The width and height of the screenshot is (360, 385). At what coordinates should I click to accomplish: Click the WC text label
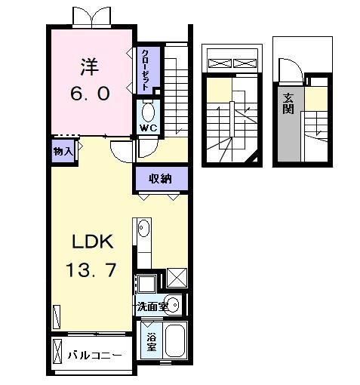pos(147,128)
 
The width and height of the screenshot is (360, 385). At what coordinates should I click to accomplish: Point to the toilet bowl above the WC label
pos(147,112)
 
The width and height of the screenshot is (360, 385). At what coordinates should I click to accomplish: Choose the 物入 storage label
pos(63,151)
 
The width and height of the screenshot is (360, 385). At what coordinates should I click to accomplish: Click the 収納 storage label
pos(159,179)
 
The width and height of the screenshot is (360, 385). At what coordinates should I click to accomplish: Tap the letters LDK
pos(92,243)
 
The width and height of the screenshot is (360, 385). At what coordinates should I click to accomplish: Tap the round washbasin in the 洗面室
pos(173,306)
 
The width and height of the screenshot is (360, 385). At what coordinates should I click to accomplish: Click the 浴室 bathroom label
pos(151,342)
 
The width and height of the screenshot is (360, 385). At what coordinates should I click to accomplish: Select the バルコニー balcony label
pos(94,355)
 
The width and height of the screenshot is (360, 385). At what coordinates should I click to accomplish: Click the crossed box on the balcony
pos(59,351)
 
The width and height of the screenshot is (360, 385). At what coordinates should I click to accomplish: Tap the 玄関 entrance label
pos(289,103)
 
